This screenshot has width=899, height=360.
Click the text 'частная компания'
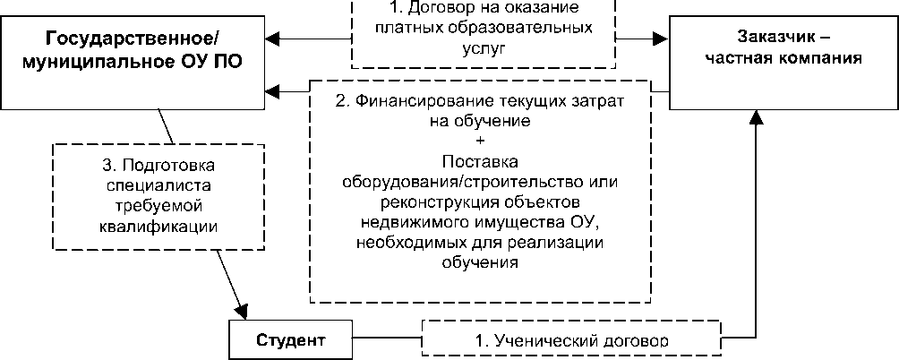(783, 60)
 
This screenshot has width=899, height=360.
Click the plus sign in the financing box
(481, 141)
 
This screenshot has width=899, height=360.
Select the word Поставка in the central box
(481, 162)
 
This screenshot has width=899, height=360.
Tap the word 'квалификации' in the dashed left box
(159, 225)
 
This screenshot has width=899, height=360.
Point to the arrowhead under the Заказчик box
(758, 119)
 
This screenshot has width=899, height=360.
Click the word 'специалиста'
(159, 185)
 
